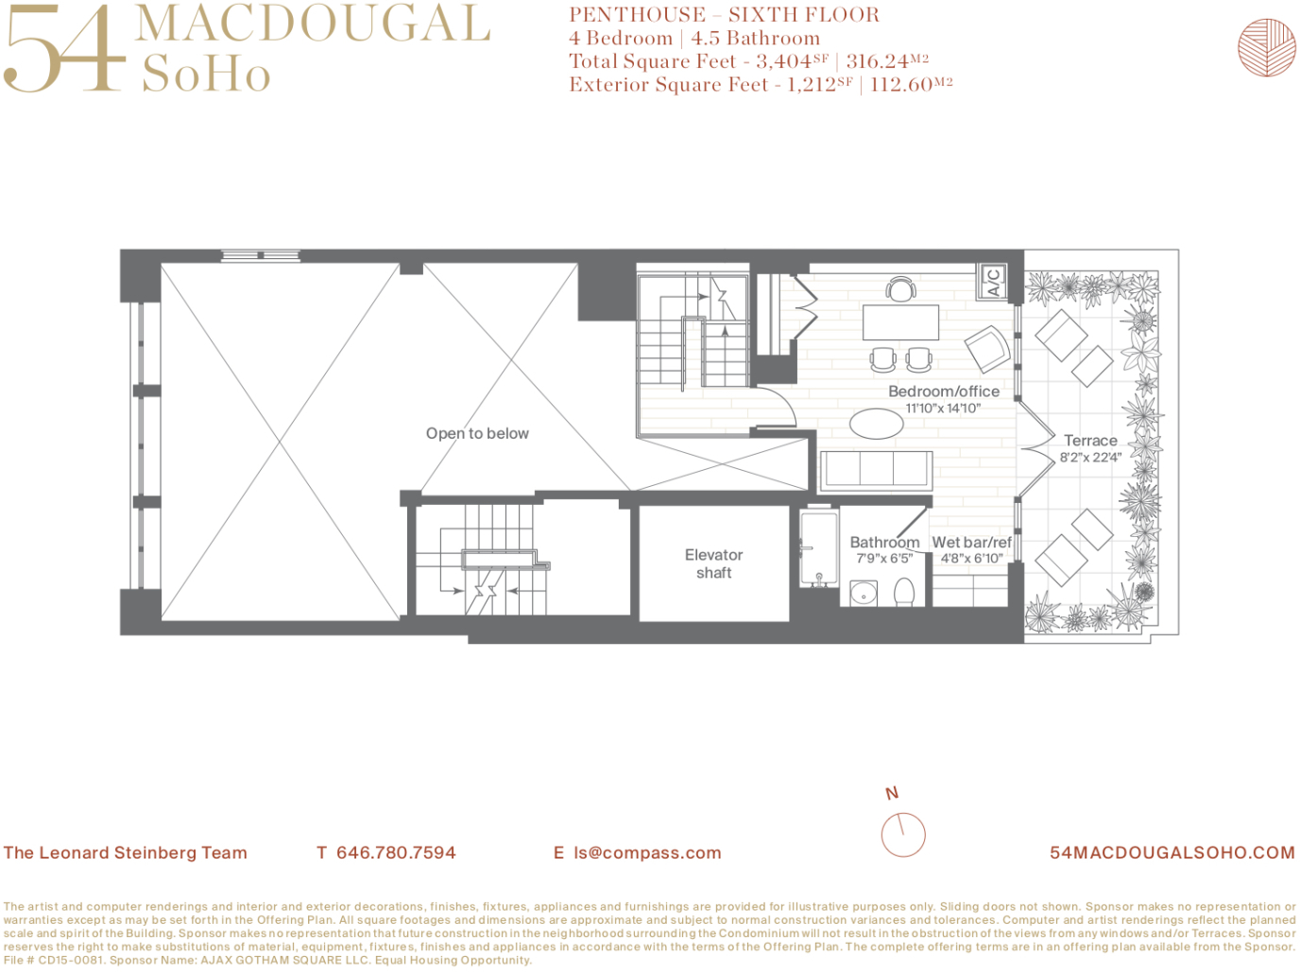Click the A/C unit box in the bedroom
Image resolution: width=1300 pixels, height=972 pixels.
pos(992,281)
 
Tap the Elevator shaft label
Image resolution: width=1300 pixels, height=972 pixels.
pos(714,564)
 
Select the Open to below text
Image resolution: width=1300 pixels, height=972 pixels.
pos(477,433)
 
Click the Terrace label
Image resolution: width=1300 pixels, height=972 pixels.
pos(1090,441)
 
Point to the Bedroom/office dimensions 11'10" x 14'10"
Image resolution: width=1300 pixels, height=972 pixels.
pos(943,408)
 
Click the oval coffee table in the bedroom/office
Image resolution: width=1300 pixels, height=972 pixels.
pos(877,424)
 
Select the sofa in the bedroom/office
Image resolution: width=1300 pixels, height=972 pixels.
pos(876,470)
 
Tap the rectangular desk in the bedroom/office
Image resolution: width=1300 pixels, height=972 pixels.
pos(900,322)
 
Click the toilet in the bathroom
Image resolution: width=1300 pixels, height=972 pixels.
pos(904,592)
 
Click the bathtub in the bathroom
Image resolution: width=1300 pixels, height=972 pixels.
pos(818,548)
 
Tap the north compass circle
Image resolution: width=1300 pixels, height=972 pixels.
pos(903,834)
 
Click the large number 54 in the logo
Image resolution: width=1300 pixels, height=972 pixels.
pos(64,49)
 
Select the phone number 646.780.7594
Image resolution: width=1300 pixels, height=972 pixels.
pos(396,853)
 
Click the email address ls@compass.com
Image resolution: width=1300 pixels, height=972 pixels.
pos(647,853)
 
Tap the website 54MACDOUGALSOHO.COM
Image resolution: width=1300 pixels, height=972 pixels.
pos(1172,853)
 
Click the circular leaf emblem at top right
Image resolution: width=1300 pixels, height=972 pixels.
pos(1267,46)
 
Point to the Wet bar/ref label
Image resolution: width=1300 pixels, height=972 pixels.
pos(971,543)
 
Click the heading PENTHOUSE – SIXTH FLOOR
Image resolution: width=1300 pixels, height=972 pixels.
pos(724,15)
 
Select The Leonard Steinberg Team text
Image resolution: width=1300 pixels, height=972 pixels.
pos(126,853)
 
